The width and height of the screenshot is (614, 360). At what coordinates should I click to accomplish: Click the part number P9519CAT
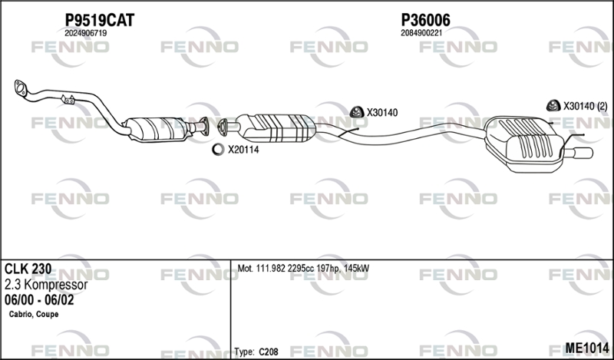[x=100, y=20]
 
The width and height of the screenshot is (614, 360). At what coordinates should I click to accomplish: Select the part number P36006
[x=425, y=20]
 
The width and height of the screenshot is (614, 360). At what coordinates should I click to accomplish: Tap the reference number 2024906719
[x=86, y=33]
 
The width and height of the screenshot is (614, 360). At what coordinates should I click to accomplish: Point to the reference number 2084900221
[x=421, y=33]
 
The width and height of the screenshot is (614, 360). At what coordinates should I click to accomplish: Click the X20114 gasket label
[x=243, y=150]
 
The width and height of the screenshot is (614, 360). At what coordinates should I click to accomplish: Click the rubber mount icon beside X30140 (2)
[x=553, y=105]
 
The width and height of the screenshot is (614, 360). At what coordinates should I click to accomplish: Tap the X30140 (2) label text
[x=585, y=106]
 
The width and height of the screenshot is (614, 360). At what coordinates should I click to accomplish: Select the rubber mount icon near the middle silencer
[x=357, y=112]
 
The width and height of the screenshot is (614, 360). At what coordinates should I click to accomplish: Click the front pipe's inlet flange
[x=20, y=88]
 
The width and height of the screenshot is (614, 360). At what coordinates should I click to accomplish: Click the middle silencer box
[x=276, y=127]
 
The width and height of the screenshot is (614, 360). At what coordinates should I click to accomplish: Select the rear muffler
[x=525, y=144]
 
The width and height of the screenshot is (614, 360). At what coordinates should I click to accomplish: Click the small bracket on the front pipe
[x=68, y=100]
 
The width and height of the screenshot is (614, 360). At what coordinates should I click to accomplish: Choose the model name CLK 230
[x=28, y=269]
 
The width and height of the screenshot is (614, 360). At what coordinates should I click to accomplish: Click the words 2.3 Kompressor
[x=46, y=285]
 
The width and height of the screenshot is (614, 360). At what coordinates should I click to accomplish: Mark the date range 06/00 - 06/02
[x=39, y=300]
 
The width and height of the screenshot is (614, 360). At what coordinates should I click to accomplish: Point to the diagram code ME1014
[x=587, y=348]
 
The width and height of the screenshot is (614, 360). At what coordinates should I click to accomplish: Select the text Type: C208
[x=256, y=352]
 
